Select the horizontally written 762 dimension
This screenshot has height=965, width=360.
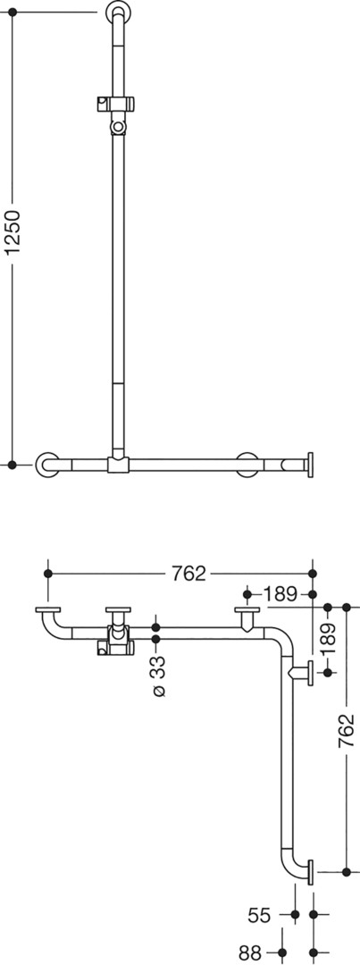click(188, 573)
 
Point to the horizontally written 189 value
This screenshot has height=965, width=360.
click(280, 594)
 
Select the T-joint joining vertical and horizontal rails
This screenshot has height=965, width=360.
click(118, 462)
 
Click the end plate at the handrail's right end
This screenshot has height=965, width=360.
click(310, 463)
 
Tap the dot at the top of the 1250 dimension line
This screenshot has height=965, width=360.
click(13, 12)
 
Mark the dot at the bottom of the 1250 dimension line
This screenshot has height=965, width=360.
click(13, 464)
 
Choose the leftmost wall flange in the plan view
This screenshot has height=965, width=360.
click(48, 610)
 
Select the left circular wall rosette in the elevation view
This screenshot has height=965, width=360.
click(47, 464)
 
